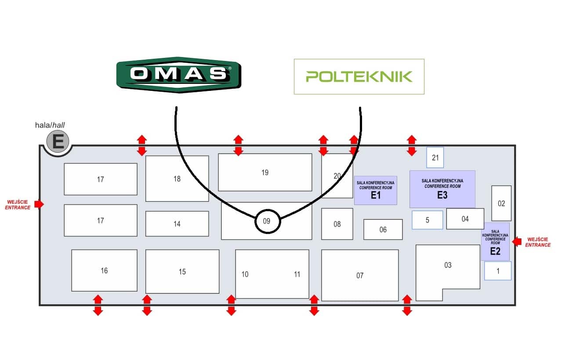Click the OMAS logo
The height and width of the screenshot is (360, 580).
pos(179,75)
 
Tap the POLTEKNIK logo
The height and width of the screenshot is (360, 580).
pos(359,76)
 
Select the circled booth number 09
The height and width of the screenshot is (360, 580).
pos(268,221)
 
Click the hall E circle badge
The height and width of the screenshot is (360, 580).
pos(58,141)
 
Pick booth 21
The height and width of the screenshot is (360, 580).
pos(435,158)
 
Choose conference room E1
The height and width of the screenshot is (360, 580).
pos(375,191)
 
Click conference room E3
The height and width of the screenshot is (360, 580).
pos(442,189)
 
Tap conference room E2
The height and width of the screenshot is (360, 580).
pos(495,241)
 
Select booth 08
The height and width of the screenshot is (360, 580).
pos(337,224)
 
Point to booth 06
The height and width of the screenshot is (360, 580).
pos(383,230)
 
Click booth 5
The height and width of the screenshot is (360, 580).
pos(428,220)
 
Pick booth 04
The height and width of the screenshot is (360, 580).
pos(465,219)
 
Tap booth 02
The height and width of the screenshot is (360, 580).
pos(501,203)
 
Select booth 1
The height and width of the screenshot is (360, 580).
pos(498,271)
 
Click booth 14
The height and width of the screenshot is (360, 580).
pos(177,224)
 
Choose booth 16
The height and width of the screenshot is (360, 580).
pos(104,270)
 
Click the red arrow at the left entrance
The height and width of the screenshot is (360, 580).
pos(39,204)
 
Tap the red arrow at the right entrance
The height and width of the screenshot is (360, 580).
pos(517,242)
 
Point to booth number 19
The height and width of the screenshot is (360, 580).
pos(265,173)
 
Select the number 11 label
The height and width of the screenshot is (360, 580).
pos(297,274)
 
